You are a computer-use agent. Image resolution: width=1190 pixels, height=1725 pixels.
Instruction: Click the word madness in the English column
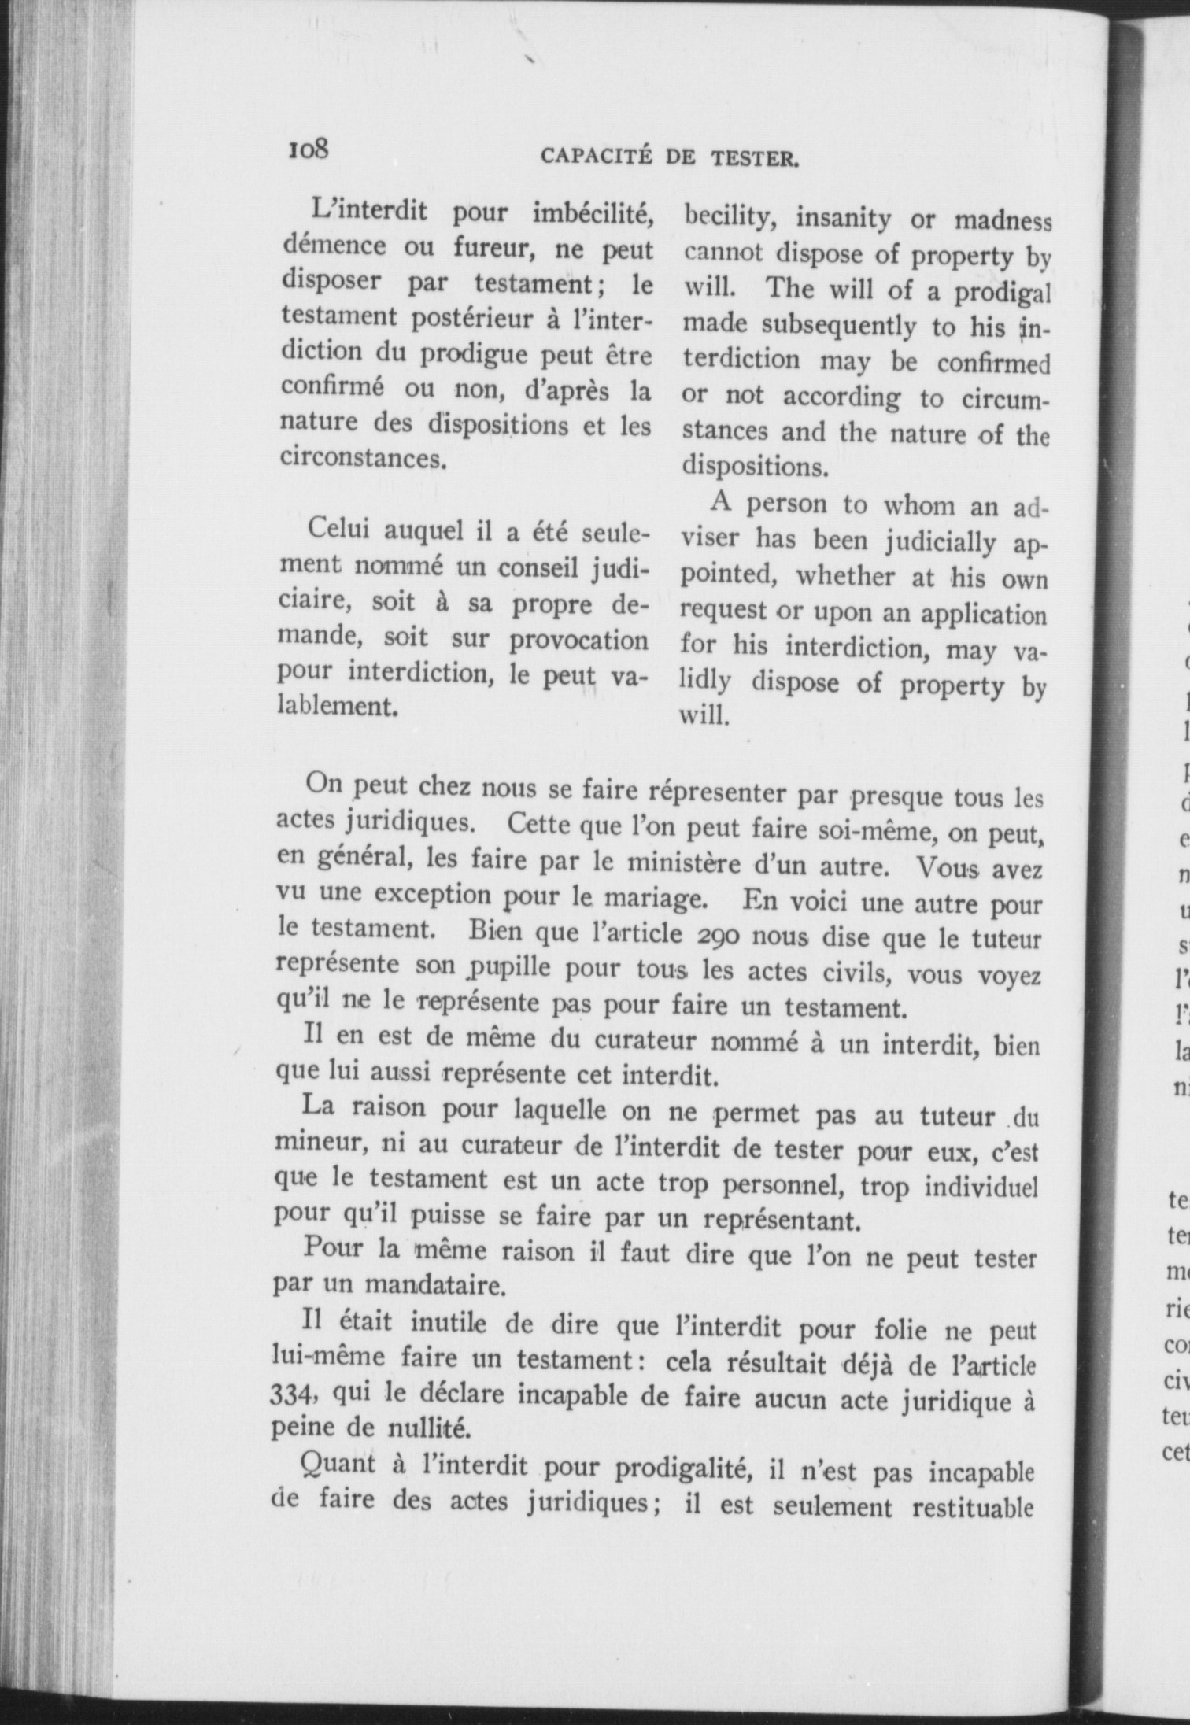[x=1003, y=220]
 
